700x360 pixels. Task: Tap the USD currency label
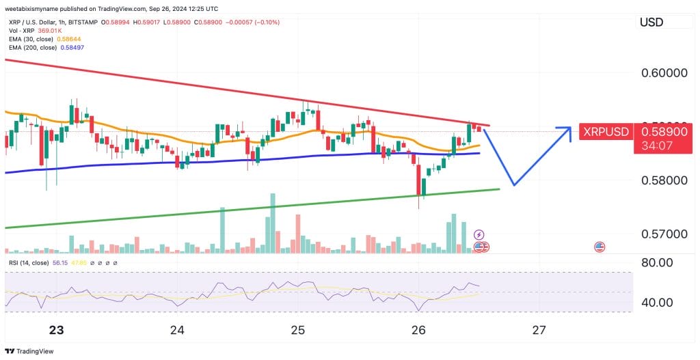tap(651, 23)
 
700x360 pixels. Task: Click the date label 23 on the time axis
tap(57, 331)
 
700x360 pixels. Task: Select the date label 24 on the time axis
tap(177, 331)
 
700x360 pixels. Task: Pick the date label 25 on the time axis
tap(297, 331)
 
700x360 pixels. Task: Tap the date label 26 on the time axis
tap(418, 331)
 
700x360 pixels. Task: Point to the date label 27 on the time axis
tap(539, 331)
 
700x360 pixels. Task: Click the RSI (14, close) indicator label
tap(29, 262)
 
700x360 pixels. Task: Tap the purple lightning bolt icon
tap(479, 234)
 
